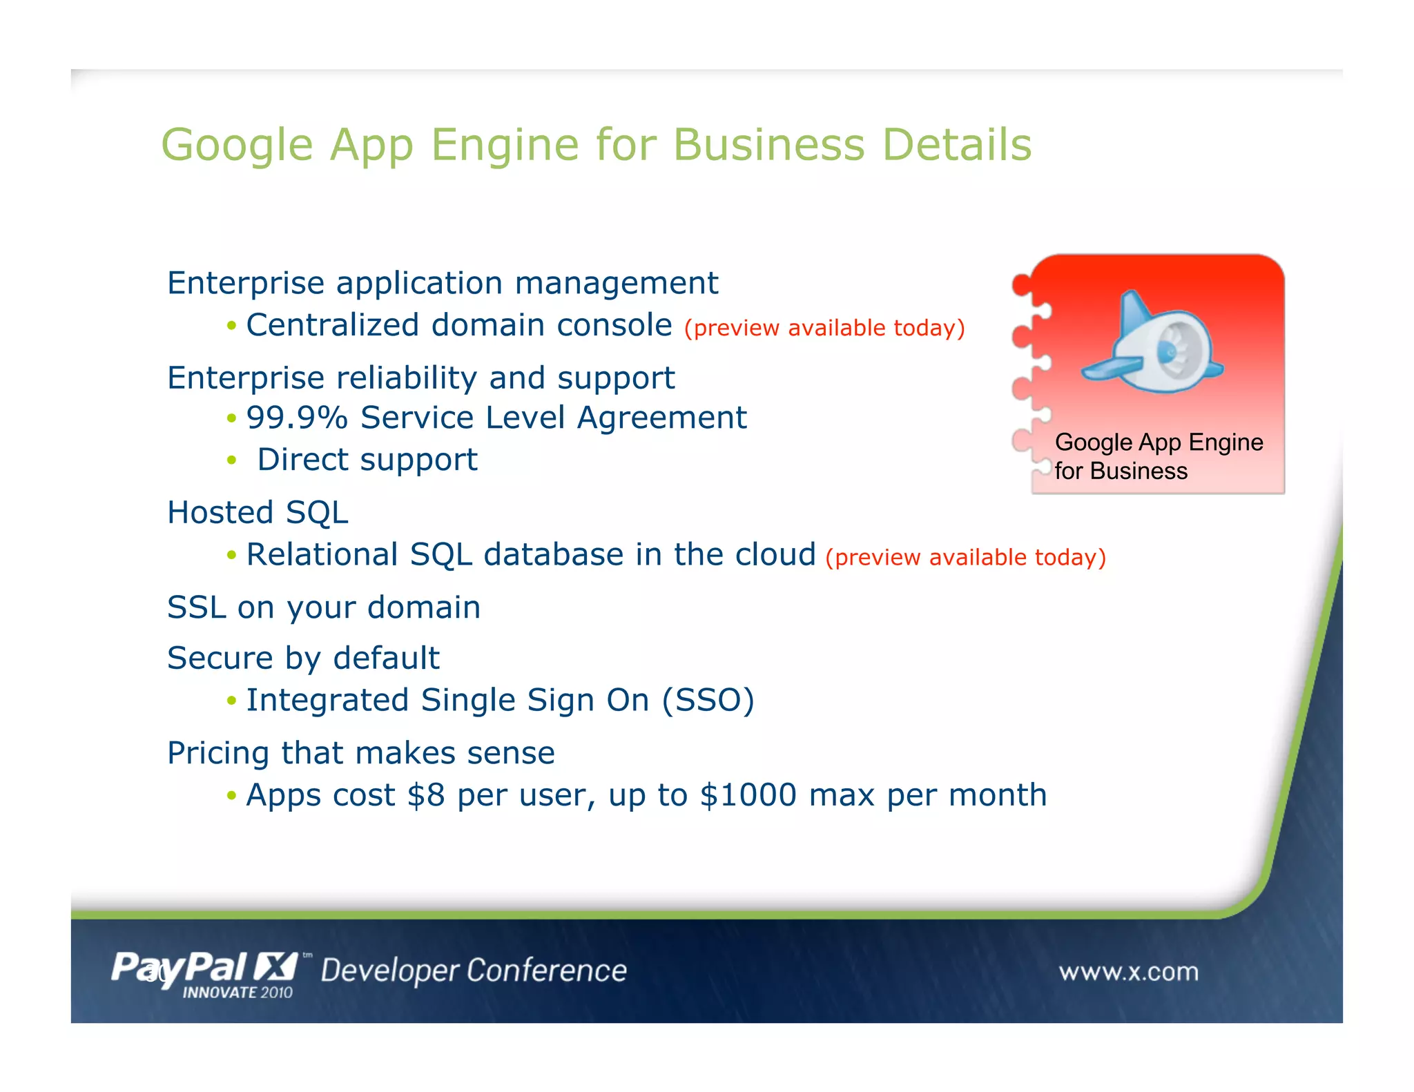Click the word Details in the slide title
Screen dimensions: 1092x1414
click(957, 145)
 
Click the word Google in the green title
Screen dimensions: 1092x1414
click(237, 146)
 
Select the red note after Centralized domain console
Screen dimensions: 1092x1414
click(824, 328)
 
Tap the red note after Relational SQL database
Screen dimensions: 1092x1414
click(965, 557)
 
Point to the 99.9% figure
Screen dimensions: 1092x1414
click(297, 418)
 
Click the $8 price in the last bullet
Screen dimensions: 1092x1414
click(426, 795)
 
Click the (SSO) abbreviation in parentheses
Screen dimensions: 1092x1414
click(708, 701)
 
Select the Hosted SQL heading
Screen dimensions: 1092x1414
click(258, 513)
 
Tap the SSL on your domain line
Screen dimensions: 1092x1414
click(324, 608)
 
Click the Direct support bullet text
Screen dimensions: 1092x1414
click(367, 460)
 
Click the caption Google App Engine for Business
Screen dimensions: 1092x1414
click(1158, 456)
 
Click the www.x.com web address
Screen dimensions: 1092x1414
click(1128, 972)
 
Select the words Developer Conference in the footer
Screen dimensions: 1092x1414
click(474, 971)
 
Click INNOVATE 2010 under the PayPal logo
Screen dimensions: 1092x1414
click(238, 993)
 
